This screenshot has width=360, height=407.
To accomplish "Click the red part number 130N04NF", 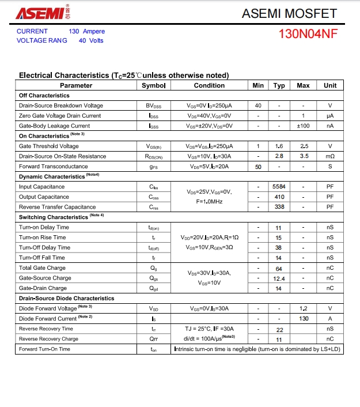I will (x=308, y=33).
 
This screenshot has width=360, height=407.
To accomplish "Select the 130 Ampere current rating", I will (x=87, y=31).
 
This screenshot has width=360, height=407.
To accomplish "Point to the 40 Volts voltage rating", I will (x=91, y=40).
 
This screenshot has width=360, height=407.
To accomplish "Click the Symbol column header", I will (x=153, y=85).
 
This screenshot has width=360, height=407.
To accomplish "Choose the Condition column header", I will (x=209, y=85).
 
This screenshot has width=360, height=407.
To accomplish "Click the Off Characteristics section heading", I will (x=44, y=96).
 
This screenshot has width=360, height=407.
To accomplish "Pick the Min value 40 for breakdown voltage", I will (x=258, y=105).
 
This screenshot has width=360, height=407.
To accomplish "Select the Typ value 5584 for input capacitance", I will (x=279, y=187).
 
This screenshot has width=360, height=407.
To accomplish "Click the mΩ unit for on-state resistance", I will (x=330, y=156).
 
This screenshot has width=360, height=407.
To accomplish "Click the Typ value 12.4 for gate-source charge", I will (x=279, y=278).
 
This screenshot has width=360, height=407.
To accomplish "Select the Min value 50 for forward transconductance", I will (x=258, y=167).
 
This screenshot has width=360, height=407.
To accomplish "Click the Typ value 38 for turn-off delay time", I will (x=279, y=247).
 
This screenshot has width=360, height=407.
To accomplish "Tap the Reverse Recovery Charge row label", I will (x=48, y=339).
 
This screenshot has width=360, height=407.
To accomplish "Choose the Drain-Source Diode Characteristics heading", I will (x=67, y=299).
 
